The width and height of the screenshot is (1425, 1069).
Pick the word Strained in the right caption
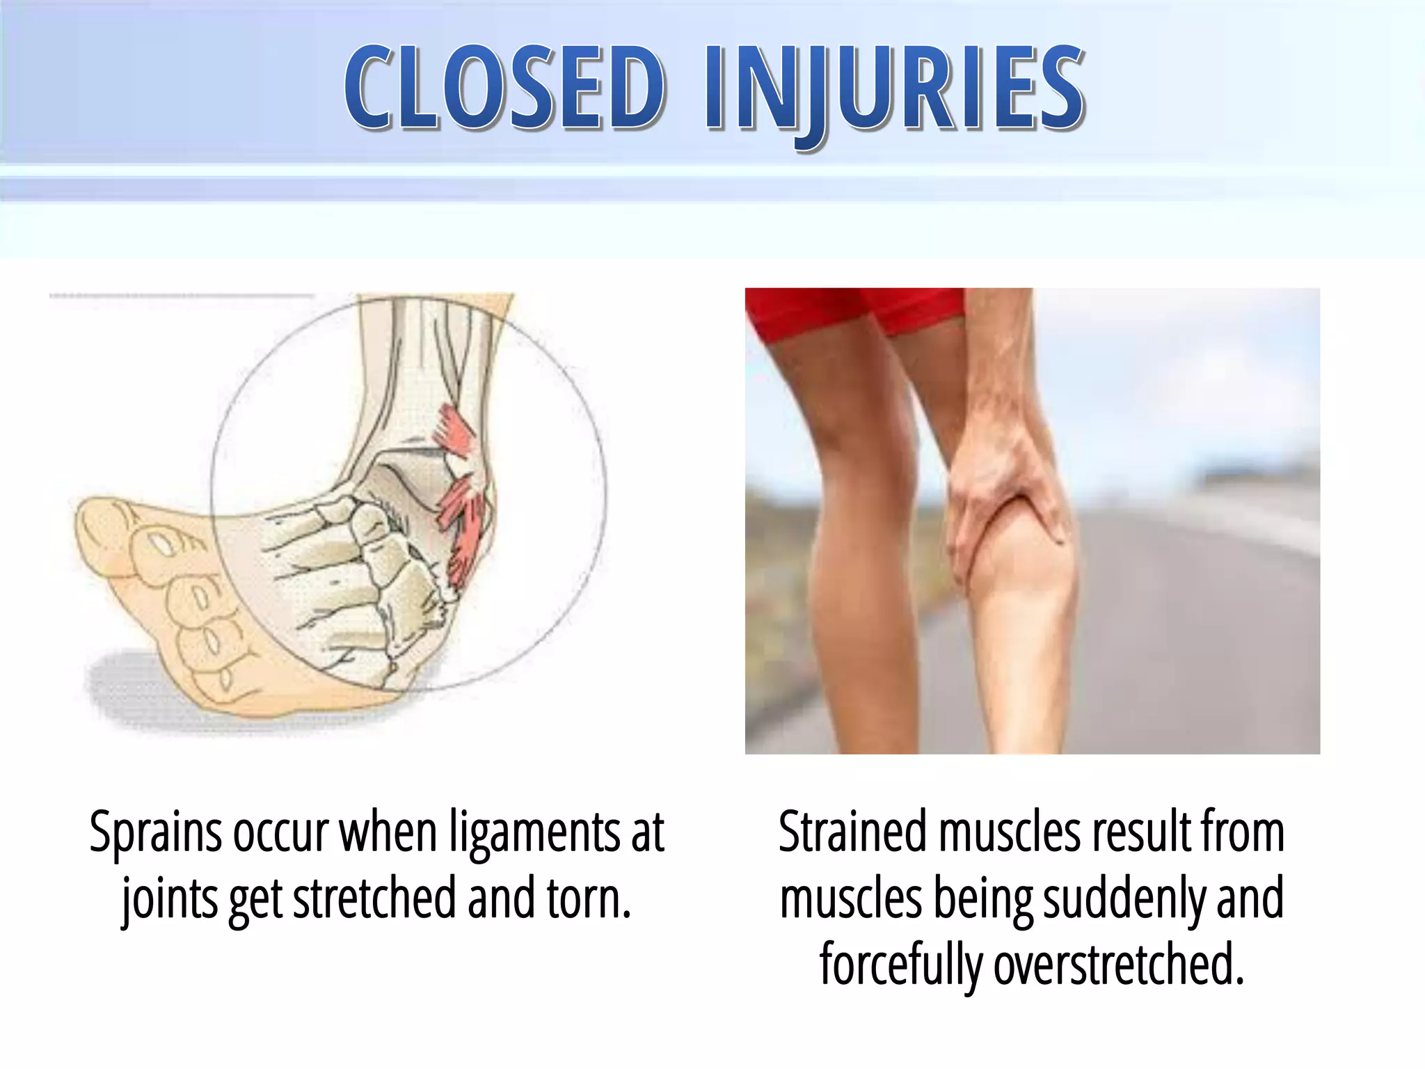point(852,832)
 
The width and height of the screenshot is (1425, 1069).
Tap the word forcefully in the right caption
point(900,965)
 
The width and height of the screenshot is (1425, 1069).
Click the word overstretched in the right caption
point(1116,965)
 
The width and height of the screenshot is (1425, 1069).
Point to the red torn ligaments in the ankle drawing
point(459,487)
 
